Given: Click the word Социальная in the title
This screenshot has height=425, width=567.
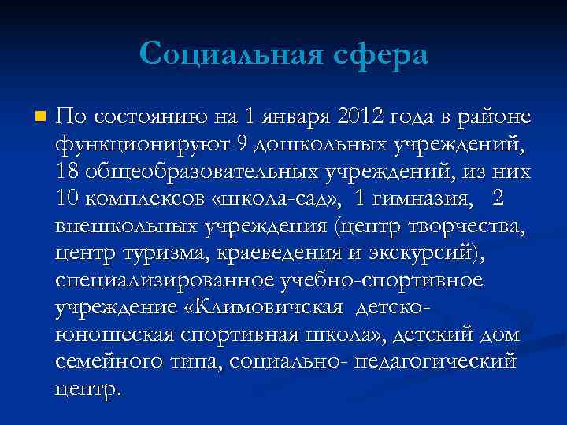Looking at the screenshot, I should (x=222, y=54).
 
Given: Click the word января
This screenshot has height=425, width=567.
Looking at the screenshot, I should (x=295, y=119).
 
